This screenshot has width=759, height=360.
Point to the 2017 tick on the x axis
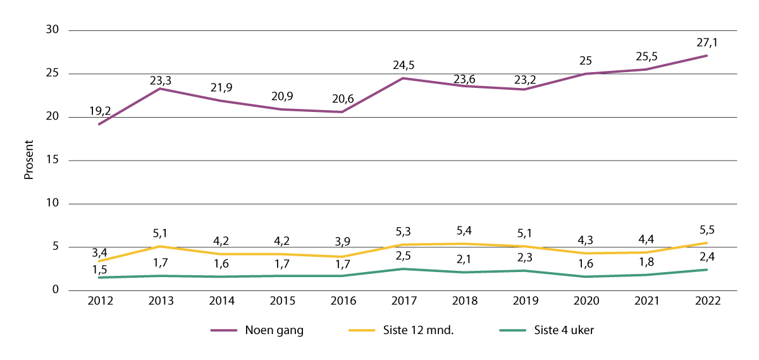[x=403, y=301]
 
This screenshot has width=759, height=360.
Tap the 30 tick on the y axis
[x=52, y=30]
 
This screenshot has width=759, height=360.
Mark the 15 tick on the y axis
[x=52, y=161]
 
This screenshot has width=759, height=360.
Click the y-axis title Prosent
[x=28, y=161]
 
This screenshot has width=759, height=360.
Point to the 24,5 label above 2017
[x=403, y=65]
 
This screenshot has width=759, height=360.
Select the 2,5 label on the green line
[x=403, y=255]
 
